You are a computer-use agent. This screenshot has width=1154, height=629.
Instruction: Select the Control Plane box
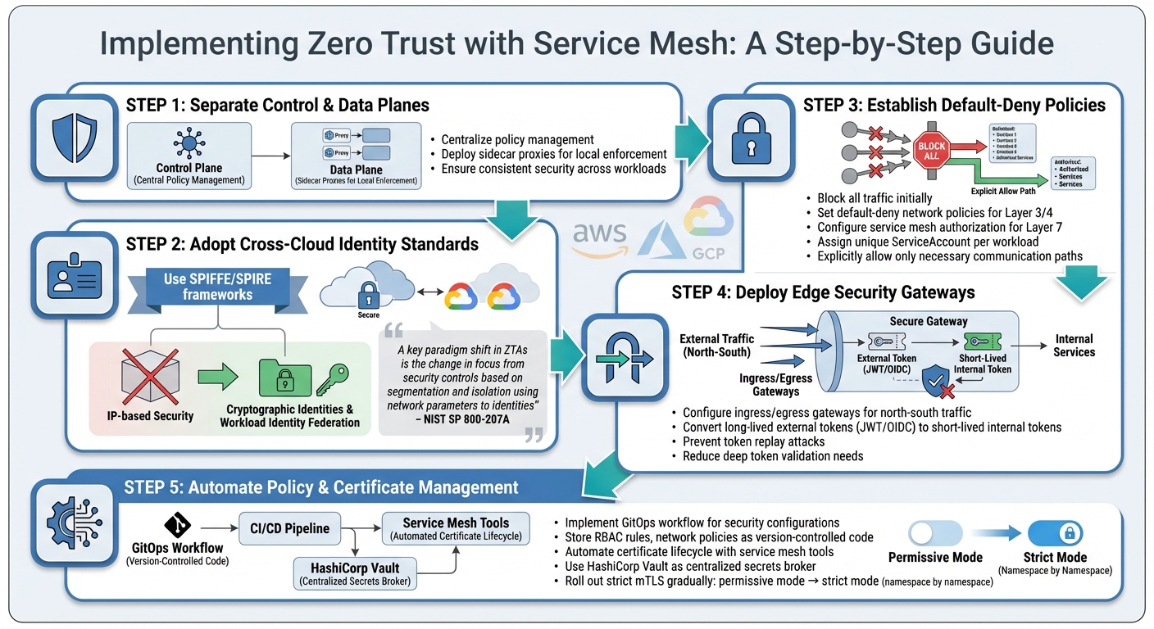point(189,156)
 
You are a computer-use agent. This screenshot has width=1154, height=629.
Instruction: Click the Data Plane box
point(356,156)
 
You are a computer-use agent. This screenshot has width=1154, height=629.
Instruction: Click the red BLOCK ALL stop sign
point(931,151)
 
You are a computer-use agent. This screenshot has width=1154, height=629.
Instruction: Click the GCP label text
point(708,253)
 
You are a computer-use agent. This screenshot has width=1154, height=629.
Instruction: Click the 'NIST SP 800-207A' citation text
point(462,419)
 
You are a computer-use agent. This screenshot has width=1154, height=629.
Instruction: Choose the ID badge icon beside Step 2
point(68,276)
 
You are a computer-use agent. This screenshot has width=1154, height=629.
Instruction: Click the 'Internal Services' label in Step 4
point(1074,345)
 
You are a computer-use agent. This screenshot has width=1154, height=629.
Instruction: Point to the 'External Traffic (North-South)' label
point(717,345)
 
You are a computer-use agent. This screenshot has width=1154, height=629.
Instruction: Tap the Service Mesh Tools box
point(456,529)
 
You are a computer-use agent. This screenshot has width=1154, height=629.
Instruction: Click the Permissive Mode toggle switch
point(935,534)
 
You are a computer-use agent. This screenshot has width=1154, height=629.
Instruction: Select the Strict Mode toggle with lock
point(1055,534)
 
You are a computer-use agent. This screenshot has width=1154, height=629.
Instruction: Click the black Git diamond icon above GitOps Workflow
point(176,524)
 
